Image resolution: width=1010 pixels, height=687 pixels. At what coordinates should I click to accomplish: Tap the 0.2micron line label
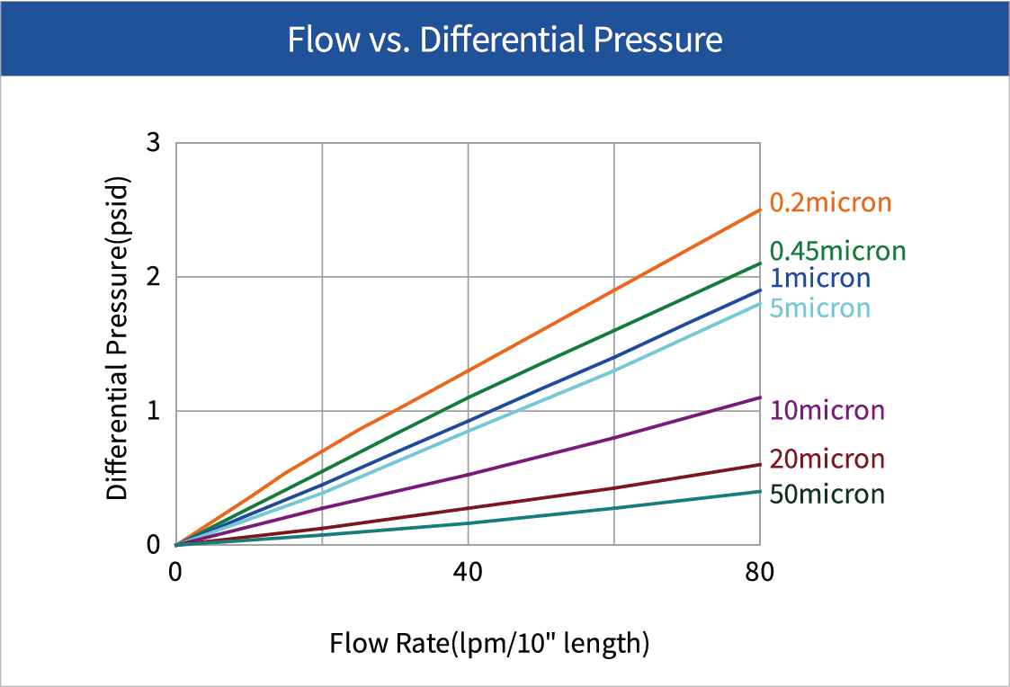830,202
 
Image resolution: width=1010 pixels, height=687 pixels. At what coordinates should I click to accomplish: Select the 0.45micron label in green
837,251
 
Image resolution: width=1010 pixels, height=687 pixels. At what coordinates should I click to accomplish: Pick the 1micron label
819,278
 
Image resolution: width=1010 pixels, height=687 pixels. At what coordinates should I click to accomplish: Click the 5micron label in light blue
819,308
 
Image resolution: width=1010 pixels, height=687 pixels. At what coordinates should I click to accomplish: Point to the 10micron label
827,411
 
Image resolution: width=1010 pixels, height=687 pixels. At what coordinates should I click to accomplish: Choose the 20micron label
827,459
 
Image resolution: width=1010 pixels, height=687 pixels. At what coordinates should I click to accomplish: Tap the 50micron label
827,494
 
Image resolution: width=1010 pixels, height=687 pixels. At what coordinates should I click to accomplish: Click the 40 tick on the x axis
468,573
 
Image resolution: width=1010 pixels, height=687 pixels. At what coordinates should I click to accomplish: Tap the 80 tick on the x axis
760,573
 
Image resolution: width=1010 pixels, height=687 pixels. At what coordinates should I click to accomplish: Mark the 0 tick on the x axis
175,573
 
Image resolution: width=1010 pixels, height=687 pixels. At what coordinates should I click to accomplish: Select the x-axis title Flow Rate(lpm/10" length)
488,644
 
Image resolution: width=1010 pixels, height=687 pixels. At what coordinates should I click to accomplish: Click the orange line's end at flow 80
760,210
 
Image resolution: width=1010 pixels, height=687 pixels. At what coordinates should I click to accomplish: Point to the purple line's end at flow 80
760,397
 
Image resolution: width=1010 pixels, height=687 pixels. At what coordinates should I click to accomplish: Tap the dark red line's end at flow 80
760,465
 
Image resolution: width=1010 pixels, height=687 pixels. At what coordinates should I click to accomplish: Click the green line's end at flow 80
760,263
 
